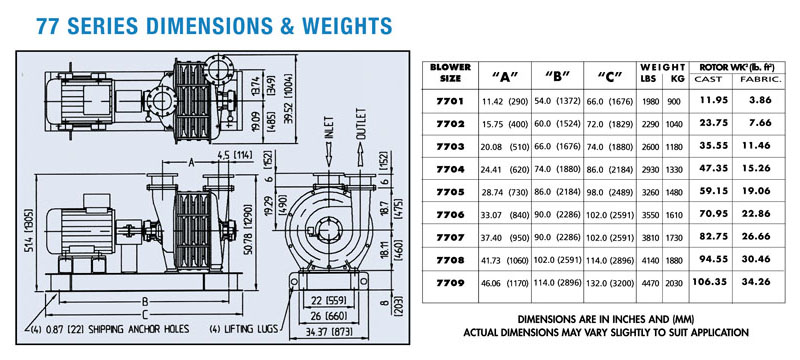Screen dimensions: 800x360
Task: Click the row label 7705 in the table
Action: pos(450,192)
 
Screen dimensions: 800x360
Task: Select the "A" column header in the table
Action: pos(505,76)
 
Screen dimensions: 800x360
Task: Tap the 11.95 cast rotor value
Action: pos(714,100)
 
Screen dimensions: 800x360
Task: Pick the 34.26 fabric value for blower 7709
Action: pos(756,281)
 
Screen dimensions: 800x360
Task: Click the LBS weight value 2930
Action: pos(651,169)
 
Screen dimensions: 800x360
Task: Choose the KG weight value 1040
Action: pos(673,124)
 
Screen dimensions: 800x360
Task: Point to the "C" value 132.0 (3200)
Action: pos(610,283)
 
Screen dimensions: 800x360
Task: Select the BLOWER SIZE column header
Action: pos(450,73)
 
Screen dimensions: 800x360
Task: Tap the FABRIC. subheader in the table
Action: pos(757,79)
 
